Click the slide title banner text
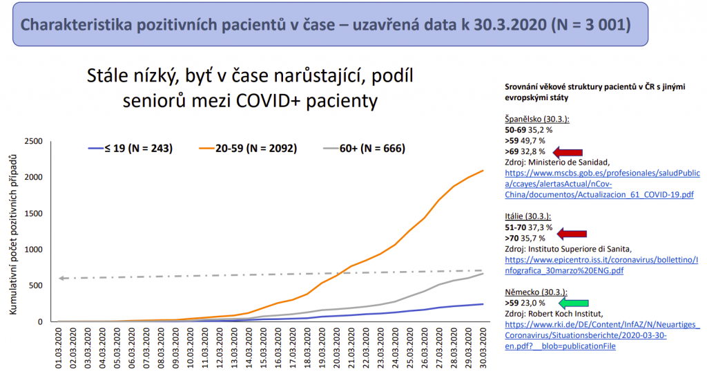click(325, 25)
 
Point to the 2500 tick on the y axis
click(33, 142)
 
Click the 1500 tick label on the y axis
click(33, 214)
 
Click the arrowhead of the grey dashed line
click(62, 279)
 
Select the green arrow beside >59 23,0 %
click(572, 303)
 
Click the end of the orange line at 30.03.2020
click(483, 170)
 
